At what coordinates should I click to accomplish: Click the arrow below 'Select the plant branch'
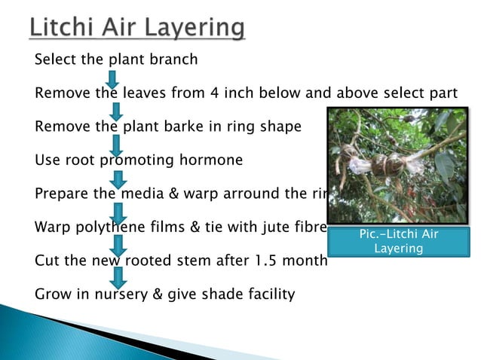112,78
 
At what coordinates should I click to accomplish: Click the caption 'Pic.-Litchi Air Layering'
398,241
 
